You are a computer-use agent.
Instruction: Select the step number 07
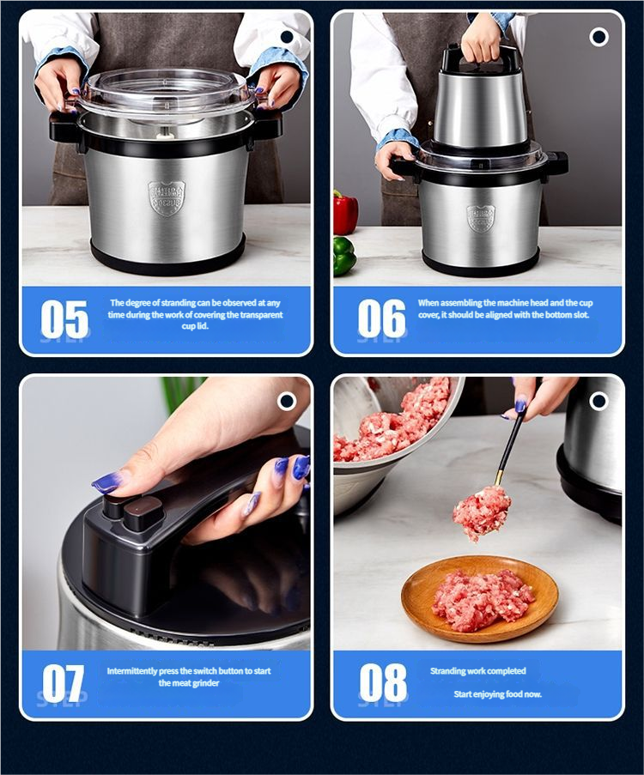[64, 683]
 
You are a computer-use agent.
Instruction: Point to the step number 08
[383, 683]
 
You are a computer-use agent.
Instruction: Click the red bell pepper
[345, 212]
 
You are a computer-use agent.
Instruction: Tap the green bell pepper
[344, 256]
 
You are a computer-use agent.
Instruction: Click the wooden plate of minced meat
[479, 598]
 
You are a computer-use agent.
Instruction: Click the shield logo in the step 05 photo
[167, 198]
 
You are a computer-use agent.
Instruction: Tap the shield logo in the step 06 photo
[481, 219]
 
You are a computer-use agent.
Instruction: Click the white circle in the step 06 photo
[599, 37]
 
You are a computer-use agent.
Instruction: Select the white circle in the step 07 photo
[287, 402]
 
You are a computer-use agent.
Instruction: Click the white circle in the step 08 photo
[599, 402]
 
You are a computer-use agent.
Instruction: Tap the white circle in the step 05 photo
[287, 37]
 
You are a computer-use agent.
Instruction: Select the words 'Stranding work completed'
[477, 671]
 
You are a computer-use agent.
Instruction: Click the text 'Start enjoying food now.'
[497, 694]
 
